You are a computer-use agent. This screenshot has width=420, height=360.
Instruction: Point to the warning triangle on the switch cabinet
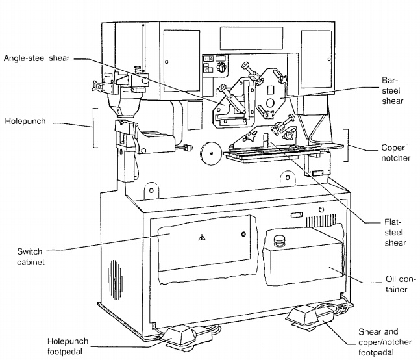pyautogui.click(x=199, y=238)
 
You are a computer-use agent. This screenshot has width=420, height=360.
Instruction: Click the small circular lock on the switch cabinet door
pyautogui.click(x=243, y=235)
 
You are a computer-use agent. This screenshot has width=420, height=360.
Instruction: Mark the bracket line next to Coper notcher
pyautogui.click(x=348, y=146)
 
